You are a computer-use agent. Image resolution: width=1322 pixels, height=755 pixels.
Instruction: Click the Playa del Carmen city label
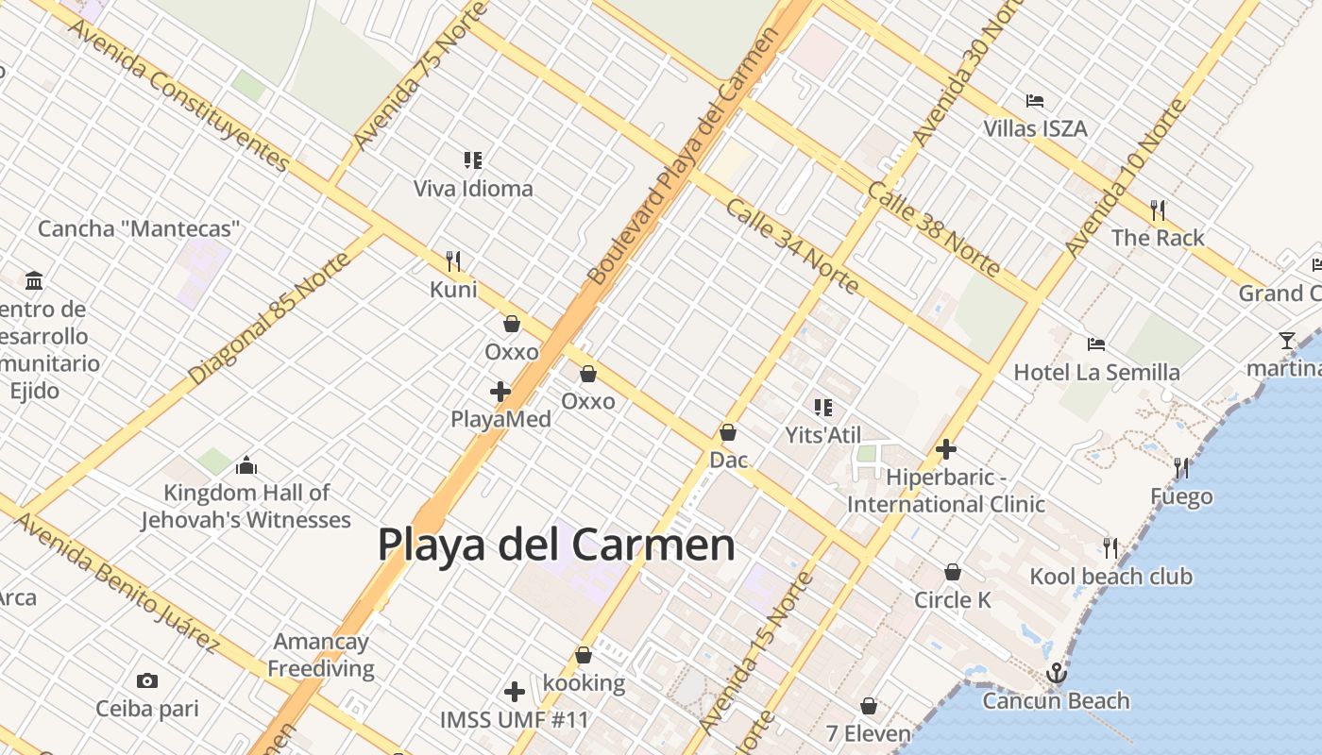(556, 545)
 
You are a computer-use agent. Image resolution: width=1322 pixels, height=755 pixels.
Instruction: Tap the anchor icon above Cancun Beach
(1057, 673)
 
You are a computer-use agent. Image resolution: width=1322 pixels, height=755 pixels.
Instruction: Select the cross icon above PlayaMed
(500, 392)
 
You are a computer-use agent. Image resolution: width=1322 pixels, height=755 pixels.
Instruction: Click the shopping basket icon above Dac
(728, 433)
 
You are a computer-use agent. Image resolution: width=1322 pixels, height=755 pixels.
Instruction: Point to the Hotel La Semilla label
(1096, 372)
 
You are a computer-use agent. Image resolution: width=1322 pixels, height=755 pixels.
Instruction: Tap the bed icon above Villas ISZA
(1035, 101)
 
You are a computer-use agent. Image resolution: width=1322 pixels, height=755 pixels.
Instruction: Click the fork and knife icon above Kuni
(453, 261)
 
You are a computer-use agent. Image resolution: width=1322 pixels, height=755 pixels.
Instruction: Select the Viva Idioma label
(473, 189)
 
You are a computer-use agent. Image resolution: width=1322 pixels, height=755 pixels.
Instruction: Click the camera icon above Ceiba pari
(146, 680)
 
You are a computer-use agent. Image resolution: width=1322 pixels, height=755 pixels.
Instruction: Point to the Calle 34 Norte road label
(791, 245)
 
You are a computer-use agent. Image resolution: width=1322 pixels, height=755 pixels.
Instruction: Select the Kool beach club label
(1110, 576)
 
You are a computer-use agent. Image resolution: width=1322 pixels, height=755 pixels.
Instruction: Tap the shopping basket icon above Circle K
(953, 572)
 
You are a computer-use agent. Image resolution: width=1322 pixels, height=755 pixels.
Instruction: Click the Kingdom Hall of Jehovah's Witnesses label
(246, 506)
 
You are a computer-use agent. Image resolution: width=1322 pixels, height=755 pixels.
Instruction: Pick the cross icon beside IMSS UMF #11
(515, 692)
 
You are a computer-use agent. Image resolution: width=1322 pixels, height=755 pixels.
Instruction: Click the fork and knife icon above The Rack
(1158, 210)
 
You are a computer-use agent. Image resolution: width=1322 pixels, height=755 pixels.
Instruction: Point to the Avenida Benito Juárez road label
(118, 583)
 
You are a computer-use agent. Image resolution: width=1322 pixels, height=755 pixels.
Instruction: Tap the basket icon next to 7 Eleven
(869, 706)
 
